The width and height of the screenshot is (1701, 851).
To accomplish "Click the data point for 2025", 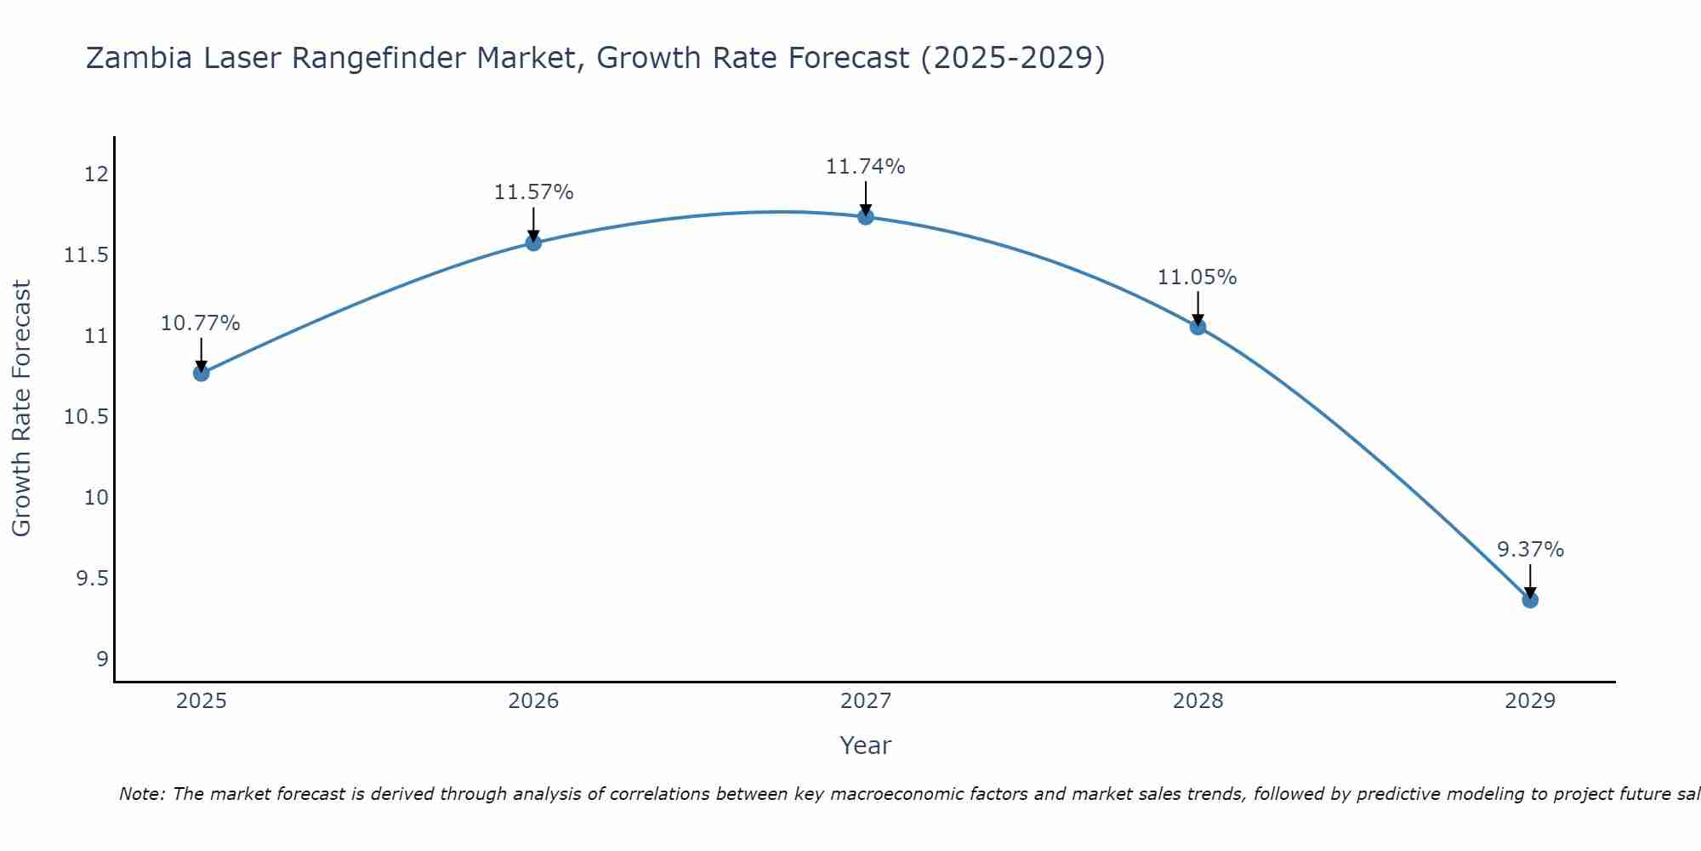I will point(202,373).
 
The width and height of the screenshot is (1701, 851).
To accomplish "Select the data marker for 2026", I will point(533,243).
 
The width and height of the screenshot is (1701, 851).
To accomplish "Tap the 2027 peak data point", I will point(866,216).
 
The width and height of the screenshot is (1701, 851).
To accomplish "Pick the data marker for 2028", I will point(1198,327).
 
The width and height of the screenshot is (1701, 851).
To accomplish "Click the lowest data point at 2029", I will point(1530,600).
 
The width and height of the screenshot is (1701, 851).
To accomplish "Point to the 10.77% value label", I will point(201,323).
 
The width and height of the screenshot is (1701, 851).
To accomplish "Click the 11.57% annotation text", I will point(533,192).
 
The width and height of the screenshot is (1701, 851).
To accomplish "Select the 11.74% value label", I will point(865,167).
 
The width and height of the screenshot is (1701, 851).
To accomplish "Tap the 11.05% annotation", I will point(1197,277).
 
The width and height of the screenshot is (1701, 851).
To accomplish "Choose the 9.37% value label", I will point(1530,550).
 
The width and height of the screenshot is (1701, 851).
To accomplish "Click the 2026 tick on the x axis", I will point(533,701).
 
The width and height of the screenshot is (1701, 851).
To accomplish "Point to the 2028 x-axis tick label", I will point(1198,701).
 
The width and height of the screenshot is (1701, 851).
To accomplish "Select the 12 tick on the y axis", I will point(96,174).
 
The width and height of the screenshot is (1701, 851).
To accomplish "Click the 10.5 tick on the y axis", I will point(88,417).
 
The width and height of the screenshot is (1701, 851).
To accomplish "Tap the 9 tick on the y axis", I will point(102,660).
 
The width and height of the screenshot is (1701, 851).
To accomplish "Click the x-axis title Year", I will point(865,745).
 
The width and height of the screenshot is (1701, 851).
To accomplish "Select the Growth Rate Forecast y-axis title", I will point(21,408).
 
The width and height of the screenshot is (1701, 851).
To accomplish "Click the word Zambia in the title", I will point(139,58).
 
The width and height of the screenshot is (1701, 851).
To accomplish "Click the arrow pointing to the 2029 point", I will point(1530,580).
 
